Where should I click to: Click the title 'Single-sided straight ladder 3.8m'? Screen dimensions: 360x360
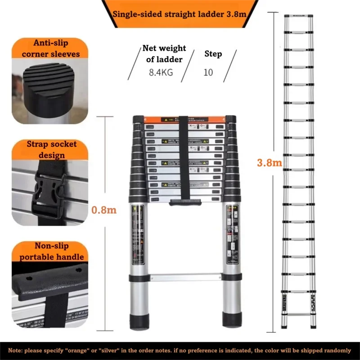tap(180, 14)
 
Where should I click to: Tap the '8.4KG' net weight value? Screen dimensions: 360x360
tap(161, 72)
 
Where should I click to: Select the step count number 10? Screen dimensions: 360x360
tap(208, 72)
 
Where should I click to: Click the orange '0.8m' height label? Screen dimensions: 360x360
tap(104, 209)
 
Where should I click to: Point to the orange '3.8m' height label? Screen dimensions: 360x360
tap(269, 162)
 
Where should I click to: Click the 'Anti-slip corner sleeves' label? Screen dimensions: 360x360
tap(50, 49)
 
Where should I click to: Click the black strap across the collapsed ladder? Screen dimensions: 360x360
tap(184, 157)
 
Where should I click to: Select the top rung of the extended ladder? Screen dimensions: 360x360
tap(300, 17)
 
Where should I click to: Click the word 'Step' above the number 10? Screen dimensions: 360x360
tap(213, 54)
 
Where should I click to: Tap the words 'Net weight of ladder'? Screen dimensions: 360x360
tap(162, 54)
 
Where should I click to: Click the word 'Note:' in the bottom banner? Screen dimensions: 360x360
tap(16, 350)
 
